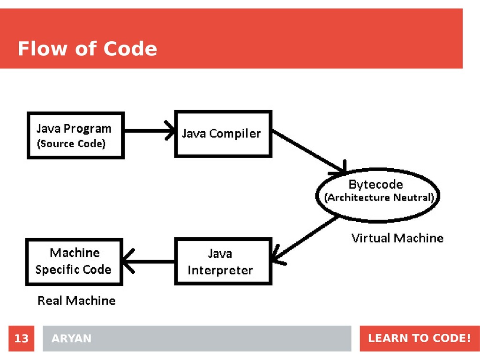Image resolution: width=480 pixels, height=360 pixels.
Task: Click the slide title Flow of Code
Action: pyautogui.click(x=87, y=49)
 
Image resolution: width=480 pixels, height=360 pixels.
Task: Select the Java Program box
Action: pyautogui.click(x=75, y=135)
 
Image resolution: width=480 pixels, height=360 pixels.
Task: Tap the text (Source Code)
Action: pyautogui.click(x=71, y=144)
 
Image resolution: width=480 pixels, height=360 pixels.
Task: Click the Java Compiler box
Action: pyautogui.click(x=223, y=134)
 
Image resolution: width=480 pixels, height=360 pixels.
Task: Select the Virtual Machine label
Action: pyautogui.click(x=397, y=238)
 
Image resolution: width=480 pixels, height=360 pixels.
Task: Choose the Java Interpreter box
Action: pyautogui.click(x=223, y=262)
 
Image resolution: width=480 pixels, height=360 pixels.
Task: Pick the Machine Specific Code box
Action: pyautogui.click(x=74, y=262)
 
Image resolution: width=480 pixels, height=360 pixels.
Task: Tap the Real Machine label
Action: pyautogui.click(x=76, y=300)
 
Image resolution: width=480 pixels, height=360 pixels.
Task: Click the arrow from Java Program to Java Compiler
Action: pyautogui.click(x=149, y=131)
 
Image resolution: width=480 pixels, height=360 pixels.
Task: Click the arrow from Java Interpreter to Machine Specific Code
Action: pyautogui.click(x=149, y=262)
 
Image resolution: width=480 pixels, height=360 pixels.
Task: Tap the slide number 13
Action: pyautogui.click(x=21, y=338)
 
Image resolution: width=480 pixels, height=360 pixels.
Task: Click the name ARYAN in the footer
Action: pyautogui.click(x=72, y=338)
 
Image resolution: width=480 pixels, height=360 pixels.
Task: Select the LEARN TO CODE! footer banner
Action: pyautogui.click(x=419, y=338)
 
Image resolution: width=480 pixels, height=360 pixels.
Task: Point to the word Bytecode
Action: pyautogui.click(x=375, y=184)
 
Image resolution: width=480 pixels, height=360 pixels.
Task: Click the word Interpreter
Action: pyautogui.click(x=220, y=270)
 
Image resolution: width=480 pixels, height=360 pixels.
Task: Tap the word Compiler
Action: pyautogui.click(x=235, y=134)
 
